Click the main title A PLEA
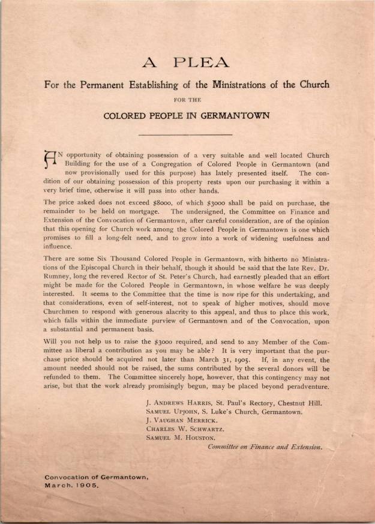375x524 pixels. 187,62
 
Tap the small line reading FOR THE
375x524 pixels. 187,99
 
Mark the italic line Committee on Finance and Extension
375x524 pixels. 265,447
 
